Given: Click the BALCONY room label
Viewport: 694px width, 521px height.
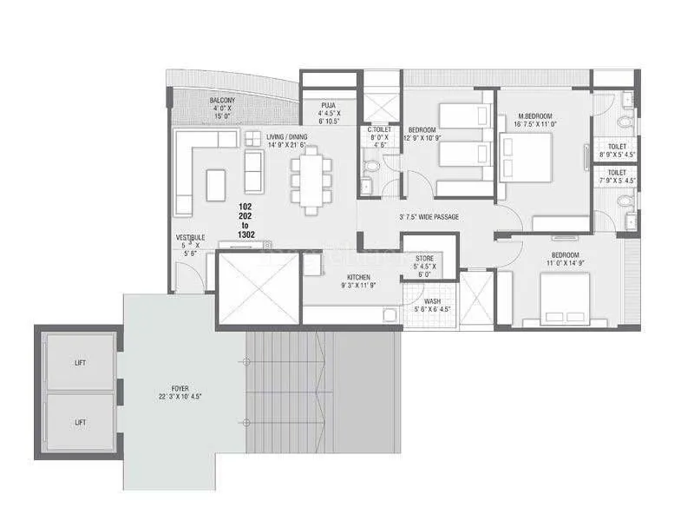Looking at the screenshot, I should (222, 101).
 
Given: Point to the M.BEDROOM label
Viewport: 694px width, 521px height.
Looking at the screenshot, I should (535, 115).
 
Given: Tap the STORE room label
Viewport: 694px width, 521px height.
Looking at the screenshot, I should (424, 258).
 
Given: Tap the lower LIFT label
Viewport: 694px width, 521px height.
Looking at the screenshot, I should (81, 426).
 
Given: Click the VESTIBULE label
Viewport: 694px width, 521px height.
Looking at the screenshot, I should (190, 237).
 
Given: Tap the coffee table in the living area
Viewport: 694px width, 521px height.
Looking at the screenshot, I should (216, 184).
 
